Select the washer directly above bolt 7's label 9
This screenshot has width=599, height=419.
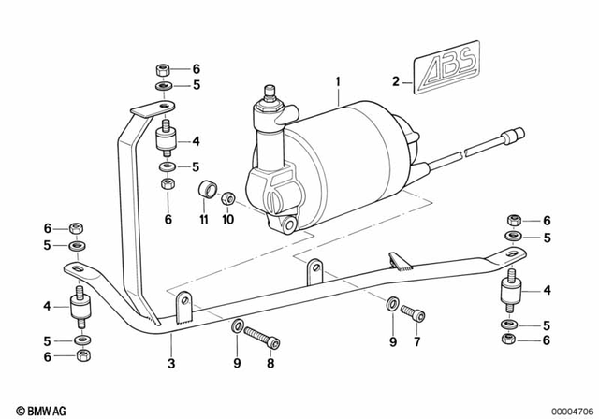[388, 305]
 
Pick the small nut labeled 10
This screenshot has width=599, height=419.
[226, 198]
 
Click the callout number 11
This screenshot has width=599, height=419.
[203, 221]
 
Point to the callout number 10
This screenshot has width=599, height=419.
[227, 221]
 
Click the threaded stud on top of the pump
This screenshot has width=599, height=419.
[271, 93]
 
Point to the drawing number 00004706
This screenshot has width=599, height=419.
[564, 409]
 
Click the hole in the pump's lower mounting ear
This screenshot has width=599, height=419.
[291, 224]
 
